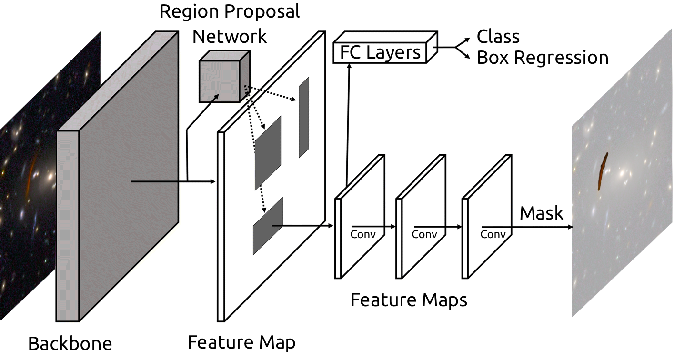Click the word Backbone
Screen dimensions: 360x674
(x=70, y=343)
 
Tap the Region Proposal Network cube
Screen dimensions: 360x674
(x=219, y=82)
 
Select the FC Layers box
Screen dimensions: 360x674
(x=380, y=52)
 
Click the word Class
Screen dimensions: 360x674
(x=498, y=37)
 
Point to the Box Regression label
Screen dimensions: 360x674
(x=542, y=58)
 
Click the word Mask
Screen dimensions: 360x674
(x=541, y=213)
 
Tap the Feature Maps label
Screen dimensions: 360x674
(x=408, y=300)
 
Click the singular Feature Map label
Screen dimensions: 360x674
(x=241, y=342)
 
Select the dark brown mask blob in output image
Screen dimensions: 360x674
(x=603, y=171)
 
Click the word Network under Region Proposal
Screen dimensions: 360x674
(x=229, y=36)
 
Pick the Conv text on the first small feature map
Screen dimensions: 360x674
(x=363, y=234)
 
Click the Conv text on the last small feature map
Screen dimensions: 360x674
(x=493, y=234)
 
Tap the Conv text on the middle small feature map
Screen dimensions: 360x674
(x=424, y=234)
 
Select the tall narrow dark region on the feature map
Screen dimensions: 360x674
(x=304, y=117)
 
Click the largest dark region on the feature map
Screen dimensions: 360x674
(x=268, y=152)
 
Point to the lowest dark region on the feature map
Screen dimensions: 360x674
(x=267, y=226)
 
